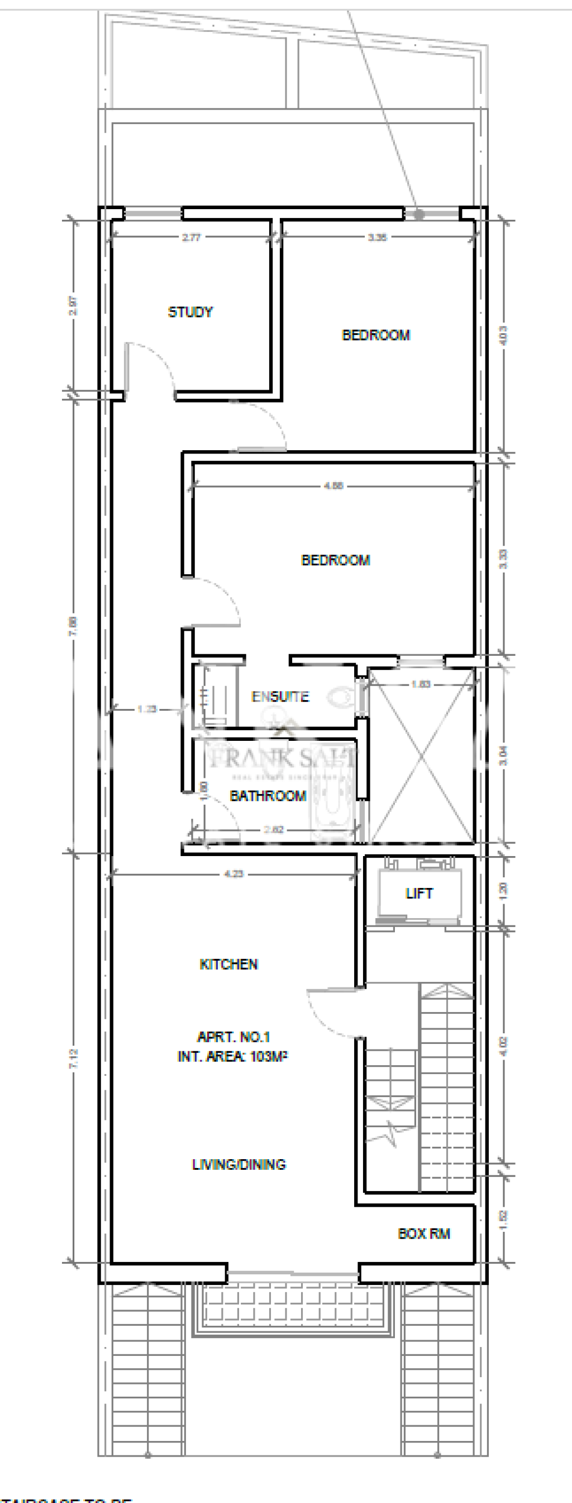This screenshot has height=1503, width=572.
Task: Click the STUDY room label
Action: [190, 312]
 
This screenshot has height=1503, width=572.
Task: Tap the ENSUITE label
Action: [280, 696]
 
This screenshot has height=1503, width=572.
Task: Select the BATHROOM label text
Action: [268, 795]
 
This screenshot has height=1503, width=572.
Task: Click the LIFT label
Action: [418, 894]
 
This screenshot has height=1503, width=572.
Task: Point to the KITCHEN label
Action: [228, 964]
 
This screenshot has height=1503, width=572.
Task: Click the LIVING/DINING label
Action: [239, 1164]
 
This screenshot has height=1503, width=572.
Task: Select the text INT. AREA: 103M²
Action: [232, 1056]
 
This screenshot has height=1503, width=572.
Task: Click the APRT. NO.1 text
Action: [233, 1037]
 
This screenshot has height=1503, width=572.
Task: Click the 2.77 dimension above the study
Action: [191, 238]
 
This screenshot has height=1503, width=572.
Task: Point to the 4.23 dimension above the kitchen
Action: [233, 873]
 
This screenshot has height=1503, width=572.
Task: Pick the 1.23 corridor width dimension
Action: [147, 709]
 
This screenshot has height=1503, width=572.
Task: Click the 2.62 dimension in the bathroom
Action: [273, 829]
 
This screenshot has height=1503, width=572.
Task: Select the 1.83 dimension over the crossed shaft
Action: [421, 684]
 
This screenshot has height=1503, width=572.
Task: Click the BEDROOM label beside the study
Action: [375, 335]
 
